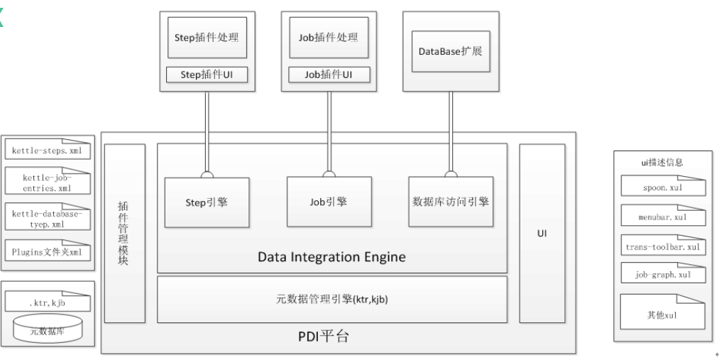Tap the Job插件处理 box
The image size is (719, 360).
click(x=328, y=38)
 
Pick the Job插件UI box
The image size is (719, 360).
click(x=328, y=74)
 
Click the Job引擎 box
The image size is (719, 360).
click(x=328, y=202)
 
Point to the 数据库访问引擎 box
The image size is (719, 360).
click(x=451, y=202)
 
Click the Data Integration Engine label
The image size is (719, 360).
click(x=331, y=256)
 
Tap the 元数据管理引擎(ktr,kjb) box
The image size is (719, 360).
click(x=331, y=299)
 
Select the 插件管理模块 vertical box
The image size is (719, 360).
click(x=125, y=232)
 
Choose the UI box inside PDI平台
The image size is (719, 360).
click(x=542, y=232)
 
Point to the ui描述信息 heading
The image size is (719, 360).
click(x=662, y=162)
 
